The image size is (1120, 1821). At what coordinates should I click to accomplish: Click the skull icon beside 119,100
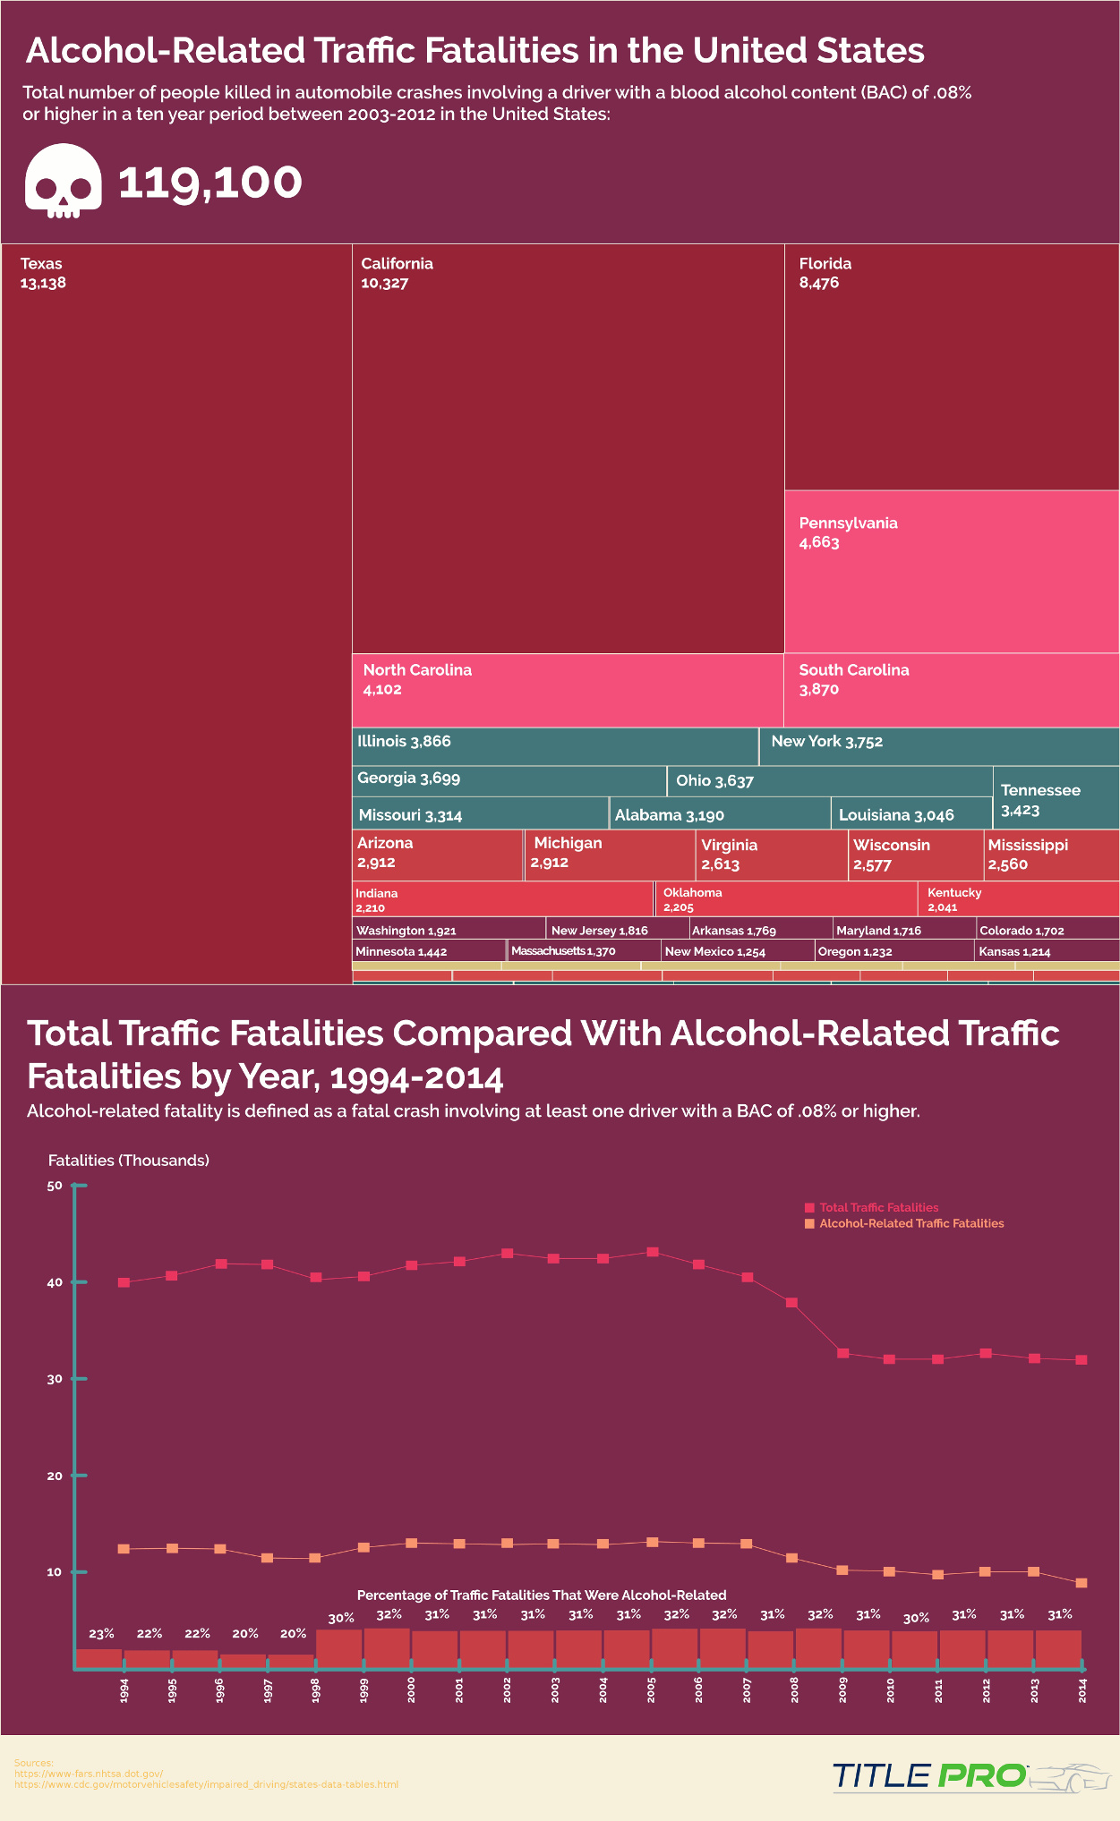point(63,182)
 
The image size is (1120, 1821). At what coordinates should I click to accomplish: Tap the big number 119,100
point(210,182)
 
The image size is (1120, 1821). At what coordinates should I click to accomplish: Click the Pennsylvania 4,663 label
point(848,532)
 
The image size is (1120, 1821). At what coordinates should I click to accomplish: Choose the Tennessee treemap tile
point(1056,799)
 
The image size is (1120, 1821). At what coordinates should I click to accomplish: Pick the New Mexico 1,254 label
point(714,951)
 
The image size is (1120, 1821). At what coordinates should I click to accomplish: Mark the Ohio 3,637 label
point(714,781)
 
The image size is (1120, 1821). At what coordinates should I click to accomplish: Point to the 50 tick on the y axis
point(55,1186)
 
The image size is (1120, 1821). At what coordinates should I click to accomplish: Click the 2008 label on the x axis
point(794,1689)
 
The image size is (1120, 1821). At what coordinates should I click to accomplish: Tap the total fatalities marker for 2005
point(653,1252)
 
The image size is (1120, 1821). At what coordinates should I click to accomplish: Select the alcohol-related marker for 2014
point(1082,1583)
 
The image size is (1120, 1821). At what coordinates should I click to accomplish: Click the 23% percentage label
point(101,1634)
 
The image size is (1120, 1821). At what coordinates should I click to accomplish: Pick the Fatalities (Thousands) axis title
point(128,1161)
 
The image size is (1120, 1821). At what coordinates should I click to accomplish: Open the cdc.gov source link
point(206,1784)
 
